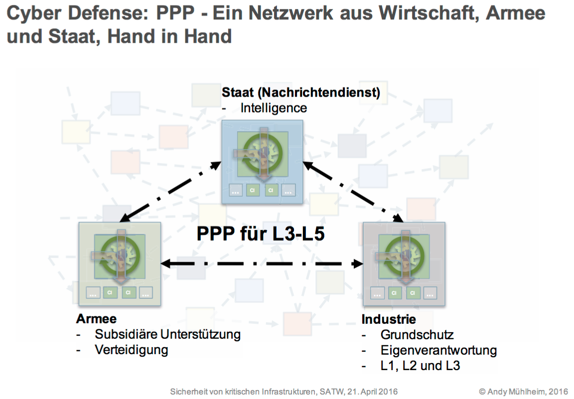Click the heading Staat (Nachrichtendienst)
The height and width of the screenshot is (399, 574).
pos(301,92)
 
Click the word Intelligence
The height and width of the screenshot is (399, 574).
pos(274,108)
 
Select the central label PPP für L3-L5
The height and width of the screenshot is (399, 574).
pos(260,234)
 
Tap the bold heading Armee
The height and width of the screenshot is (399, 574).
pos(96,319)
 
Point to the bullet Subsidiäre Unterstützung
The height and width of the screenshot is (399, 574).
pos(167,334)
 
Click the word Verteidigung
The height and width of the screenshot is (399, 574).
pos(132,350)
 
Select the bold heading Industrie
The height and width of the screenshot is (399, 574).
pos(389,319)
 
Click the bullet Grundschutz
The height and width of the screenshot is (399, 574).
pos(417,335)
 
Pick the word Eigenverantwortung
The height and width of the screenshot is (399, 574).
pos(438,350)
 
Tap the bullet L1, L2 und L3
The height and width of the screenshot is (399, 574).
pos(420,366)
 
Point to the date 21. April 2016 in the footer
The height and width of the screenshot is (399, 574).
pos(372,392)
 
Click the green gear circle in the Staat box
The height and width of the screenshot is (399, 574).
pos(263,152)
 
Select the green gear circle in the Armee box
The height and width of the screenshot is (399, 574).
pos(120,255)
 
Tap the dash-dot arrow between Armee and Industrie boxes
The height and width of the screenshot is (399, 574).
pos(262,264)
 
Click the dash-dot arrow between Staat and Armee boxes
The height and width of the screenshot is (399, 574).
pos(170,192)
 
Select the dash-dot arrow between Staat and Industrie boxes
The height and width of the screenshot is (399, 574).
pos(353,192)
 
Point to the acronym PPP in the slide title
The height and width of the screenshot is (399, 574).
pos(175,13)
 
